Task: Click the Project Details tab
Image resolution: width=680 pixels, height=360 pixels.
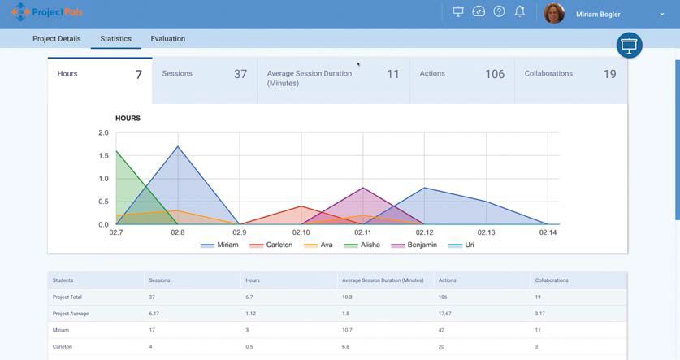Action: (57, 39)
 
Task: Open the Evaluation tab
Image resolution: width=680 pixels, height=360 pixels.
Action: (167, 39)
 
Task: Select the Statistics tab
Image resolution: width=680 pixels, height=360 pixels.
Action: (115, 39)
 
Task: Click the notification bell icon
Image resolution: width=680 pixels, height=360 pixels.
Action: (520, 11)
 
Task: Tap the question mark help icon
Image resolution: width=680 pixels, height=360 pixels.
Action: (499, 11)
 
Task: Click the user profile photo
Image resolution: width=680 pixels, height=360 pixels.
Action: (554, 14)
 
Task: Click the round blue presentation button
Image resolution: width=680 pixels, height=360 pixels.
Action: (629, 46)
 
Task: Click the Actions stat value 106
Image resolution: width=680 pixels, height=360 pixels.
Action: (495, 74)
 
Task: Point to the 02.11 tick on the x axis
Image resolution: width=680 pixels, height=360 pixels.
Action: (363, 232)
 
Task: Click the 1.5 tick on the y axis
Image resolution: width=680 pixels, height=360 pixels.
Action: (103, 156)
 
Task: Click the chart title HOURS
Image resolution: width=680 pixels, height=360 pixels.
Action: (128, 119)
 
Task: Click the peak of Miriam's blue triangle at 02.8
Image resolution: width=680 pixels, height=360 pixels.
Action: (178, 147)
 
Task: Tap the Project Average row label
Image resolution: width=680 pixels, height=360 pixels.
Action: (71, 314)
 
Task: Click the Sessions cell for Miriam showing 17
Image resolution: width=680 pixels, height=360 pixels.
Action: (152, 330)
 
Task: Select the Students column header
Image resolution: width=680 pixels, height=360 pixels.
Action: (63, 280)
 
